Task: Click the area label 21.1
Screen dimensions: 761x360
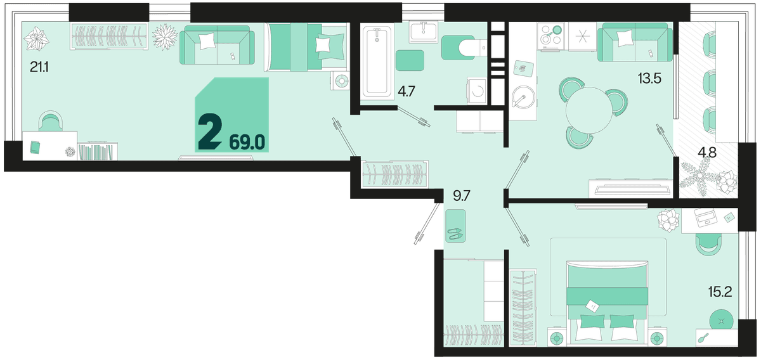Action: click(39, 68)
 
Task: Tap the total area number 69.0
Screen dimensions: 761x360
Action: click(247, 143)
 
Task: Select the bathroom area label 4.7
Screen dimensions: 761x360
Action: click(407, 92)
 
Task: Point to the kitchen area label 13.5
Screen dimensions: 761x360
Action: click(649, 79)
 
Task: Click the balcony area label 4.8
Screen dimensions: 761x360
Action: click(707, 153)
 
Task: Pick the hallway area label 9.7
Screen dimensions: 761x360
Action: click(462, 196)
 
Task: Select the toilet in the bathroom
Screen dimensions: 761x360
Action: click(464, 48)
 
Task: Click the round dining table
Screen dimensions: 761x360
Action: click(589, 110)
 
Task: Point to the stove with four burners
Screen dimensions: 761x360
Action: click(550, 37)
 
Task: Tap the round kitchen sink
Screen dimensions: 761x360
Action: click(524, 97)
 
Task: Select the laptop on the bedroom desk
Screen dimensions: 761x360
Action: click(705, 217)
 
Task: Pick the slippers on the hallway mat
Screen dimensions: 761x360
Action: click(455, 234)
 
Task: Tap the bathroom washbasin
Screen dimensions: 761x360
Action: click(424, 32)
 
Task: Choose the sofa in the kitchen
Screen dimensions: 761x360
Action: click(635, 42)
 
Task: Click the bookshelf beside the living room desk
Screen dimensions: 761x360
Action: click(98, 151)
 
